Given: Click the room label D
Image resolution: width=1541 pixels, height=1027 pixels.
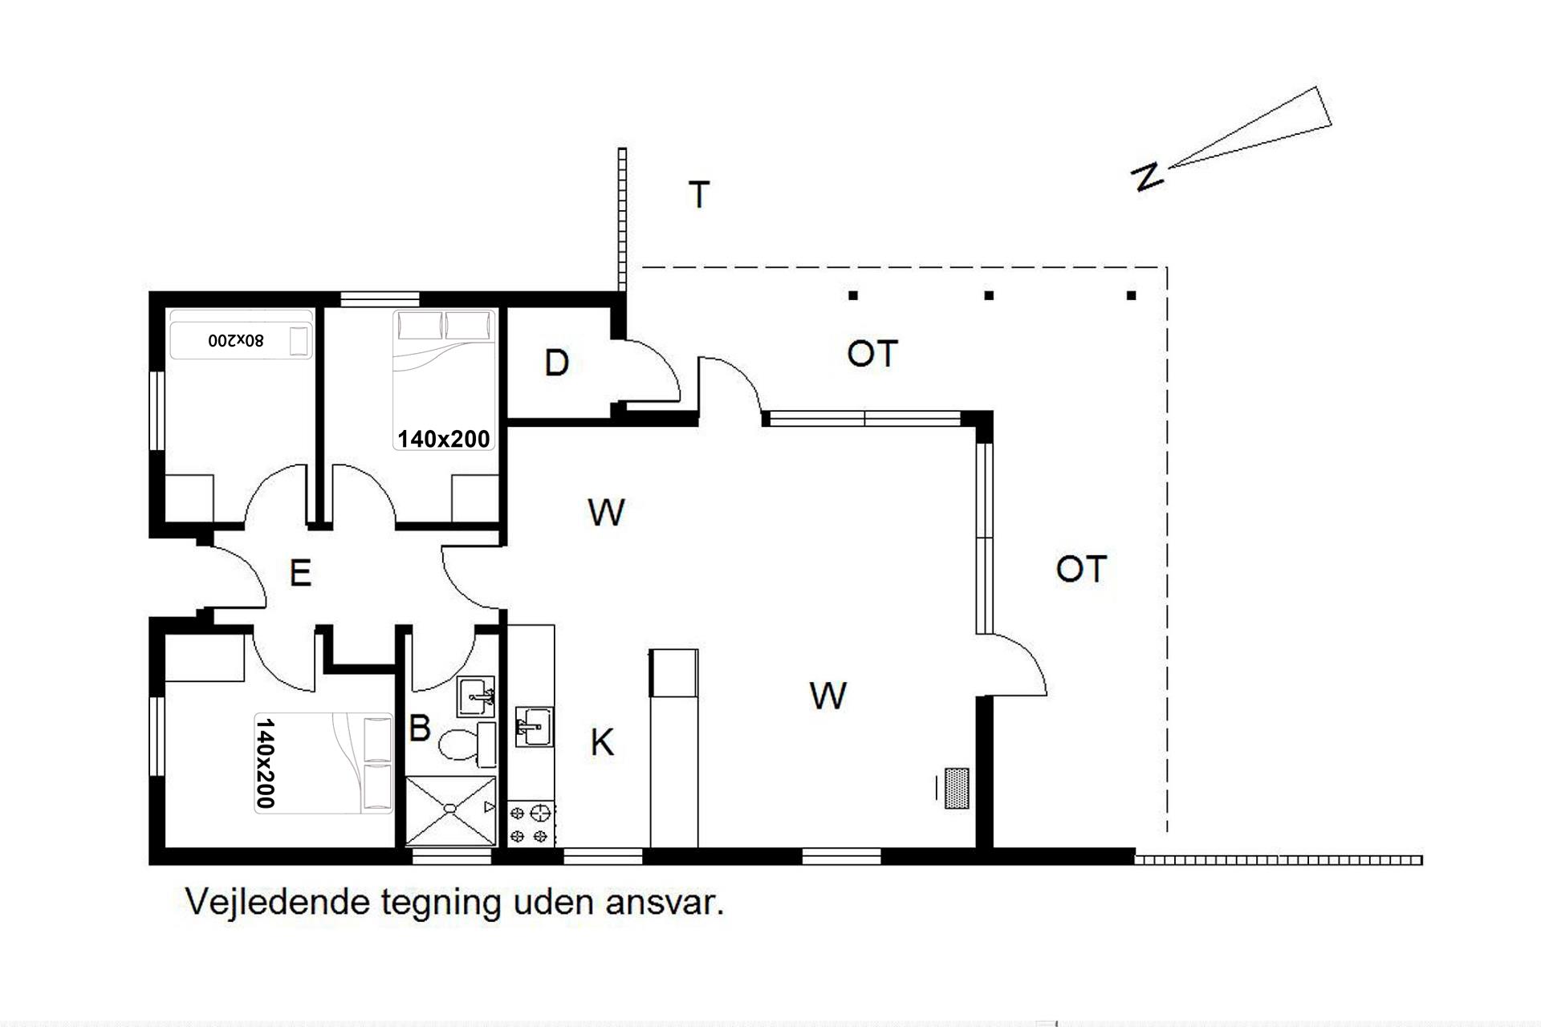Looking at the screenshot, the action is click(556, 363).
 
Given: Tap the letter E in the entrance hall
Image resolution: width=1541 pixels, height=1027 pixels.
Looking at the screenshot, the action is click(300, 573).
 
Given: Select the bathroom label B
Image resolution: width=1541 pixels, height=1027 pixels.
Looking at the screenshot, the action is click(420, 728).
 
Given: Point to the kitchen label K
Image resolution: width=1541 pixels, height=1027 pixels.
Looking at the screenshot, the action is click(602, 743).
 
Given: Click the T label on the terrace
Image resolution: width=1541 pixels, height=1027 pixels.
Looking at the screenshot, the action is click(699, 195).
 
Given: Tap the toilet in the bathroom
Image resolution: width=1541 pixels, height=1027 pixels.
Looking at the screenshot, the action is click(466, 741).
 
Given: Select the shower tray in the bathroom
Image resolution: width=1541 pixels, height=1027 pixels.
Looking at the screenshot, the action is click(451, 810).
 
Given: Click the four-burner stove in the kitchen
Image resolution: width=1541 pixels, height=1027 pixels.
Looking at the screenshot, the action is click(531, 824).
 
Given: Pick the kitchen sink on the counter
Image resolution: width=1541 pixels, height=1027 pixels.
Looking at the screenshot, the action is click(534, 726).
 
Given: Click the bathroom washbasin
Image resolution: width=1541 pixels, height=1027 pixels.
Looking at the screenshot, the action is click(476, 696).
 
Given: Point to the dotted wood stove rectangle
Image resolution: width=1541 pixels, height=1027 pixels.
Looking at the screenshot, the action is click(957, 788).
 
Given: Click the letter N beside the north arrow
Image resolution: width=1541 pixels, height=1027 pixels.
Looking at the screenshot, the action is click(1147, 175).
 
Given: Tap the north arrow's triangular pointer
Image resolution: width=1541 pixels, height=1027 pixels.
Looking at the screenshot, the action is click(1250, 127).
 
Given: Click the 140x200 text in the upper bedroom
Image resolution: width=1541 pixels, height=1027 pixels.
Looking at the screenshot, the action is click(444, 439).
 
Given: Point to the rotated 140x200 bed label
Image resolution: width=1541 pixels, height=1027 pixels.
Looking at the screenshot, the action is click(266, 763).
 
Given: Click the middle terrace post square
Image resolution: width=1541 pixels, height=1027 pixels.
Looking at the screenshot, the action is click(989, 295).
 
